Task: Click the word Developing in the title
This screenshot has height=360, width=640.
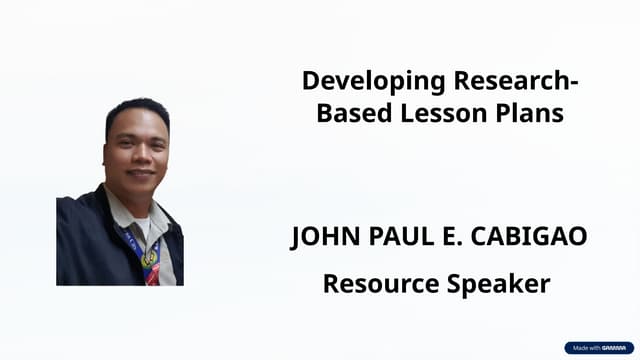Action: [357, 80]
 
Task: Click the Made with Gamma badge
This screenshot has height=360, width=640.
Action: [598, 348]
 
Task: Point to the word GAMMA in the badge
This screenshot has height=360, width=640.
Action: [613, 348]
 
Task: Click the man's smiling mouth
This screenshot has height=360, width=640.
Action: [140, 172]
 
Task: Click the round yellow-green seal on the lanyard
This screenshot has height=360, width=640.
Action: [150, 258]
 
